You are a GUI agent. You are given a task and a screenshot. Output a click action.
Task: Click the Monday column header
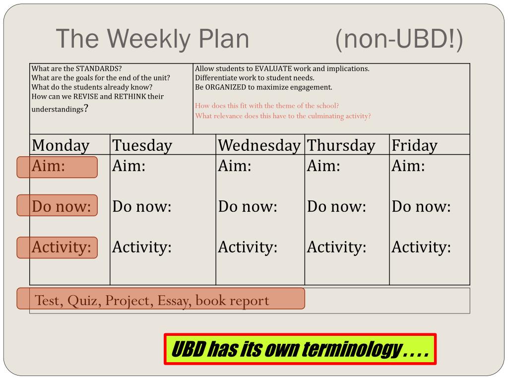(x=61, y=145)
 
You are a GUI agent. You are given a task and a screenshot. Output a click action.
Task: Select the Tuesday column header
(x=142, y=145)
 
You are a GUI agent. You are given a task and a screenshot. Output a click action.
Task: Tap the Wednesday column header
(x=259, y=145)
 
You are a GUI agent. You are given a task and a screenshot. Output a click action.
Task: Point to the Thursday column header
(x=341, y=145)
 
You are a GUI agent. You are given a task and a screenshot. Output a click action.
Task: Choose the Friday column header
(x=414, y=145)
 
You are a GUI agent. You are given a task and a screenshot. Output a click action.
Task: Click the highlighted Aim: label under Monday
(x=48, y=166)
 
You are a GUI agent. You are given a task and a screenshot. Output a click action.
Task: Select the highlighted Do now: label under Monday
(x=61, y=206)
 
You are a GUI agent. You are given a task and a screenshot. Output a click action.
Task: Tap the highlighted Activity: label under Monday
(x=61, y=247)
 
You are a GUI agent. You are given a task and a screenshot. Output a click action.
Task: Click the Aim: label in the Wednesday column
(x=235, y=166)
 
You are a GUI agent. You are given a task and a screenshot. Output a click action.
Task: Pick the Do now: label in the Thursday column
(x=336, y=206)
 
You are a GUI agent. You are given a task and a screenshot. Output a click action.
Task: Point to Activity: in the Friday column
(x=421, y=247)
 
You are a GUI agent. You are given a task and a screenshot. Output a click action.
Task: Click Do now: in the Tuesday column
(x=141, y=206)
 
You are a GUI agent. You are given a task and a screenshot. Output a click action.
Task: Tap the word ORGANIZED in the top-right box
(x=226, y=87)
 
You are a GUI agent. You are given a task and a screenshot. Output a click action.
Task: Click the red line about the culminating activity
(x=283, y=116)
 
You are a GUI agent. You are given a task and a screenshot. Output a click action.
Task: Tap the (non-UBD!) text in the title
(x=399, y=40)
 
